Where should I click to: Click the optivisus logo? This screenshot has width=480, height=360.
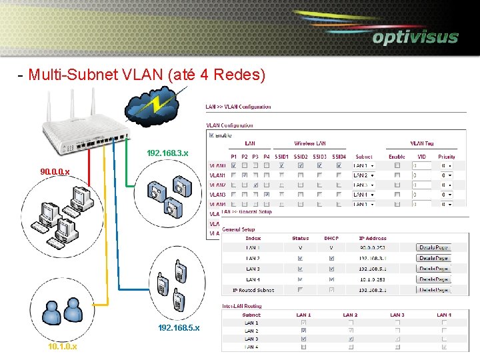coord(415,37)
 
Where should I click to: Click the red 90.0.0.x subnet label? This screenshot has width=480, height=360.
coord(55,172)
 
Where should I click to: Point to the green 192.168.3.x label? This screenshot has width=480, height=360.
coord(167,153)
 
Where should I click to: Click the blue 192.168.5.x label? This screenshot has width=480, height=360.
coord(179,328)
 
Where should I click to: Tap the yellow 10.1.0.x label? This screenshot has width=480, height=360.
coord(62,347)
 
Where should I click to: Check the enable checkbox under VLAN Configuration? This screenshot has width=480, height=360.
coord(212,135)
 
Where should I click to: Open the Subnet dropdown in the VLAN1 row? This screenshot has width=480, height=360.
coord(363,175)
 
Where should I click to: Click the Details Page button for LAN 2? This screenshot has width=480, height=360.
coord(433,258)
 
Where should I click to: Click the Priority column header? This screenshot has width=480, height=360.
coord(446,156)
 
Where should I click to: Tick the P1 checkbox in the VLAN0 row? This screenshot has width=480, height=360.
coord(233,165)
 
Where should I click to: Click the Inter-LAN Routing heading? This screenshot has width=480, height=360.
coord(243,307)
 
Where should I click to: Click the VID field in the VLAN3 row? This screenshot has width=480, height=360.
coord(421,195)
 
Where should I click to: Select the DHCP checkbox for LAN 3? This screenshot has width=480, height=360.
coord(331,269)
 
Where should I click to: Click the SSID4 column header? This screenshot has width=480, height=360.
coord(339,156)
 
